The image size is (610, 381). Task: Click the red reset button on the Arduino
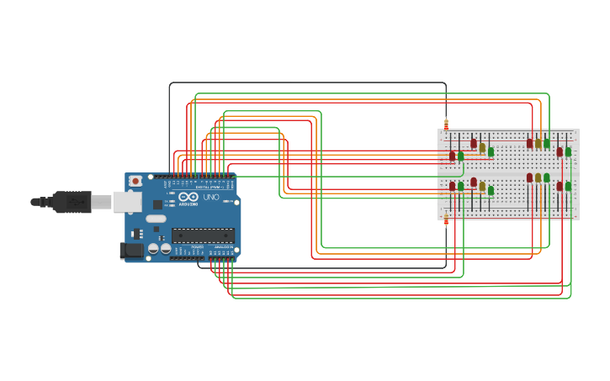(x=135, y=181)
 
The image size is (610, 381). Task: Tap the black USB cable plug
(x=71, y=202)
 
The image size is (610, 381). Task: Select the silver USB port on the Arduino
(x=127, y=201)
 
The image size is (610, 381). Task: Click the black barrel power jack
(x=131, y=250)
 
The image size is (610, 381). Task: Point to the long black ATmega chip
(x=203, y=235)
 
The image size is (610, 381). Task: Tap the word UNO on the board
(x=211, y=197)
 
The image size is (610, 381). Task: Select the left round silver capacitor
(x=153, y=249)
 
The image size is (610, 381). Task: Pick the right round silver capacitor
(x=166, y=249)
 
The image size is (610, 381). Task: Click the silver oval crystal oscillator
(x=156, y=219)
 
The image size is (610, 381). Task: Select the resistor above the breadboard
(x=446, y=124)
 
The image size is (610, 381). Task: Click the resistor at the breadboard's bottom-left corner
(x=446, y=220)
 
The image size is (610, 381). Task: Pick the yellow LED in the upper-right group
(x=538, y=144)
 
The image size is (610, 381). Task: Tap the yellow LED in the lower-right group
(x=538, y=178)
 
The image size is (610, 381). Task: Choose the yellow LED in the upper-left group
(x=482, y=148)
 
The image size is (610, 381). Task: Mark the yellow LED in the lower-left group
(x=482, y=186)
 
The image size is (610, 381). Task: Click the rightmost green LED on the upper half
(x=568, y=152)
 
